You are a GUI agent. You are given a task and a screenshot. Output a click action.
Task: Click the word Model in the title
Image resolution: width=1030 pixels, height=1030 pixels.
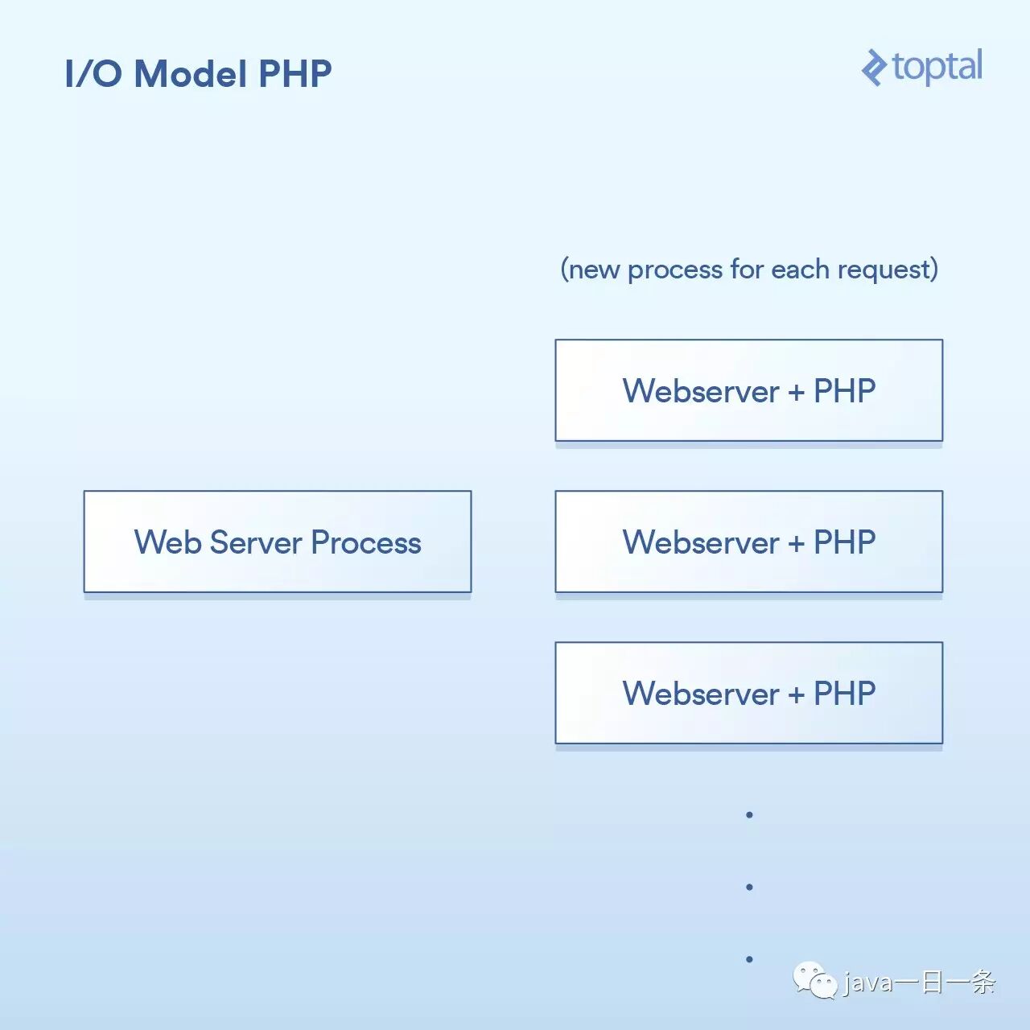click(190, 73)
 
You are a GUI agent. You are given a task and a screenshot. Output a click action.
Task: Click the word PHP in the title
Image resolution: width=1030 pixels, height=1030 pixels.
click(295, 73)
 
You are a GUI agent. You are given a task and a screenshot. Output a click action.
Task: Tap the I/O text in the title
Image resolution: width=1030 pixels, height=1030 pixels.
click(93, 73)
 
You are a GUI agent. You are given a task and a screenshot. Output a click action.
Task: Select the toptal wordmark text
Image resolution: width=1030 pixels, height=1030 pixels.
click(937, 67)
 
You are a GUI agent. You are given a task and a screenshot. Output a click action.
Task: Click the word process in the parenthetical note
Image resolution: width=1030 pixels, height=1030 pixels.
click(675, 270)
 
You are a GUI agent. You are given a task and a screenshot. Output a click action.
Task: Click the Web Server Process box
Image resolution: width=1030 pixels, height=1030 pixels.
click(278, 542)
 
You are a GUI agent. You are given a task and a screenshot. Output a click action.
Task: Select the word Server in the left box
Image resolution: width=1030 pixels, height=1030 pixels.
click(256, 542)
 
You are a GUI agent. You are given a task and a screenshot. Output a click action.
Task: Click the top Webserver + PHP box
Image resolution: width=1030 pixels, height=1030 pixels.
click(749, 390)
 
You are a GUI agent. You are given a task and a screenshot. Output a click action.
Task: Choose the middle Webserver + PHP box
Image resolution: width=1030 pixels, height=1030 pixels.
click(749, 542)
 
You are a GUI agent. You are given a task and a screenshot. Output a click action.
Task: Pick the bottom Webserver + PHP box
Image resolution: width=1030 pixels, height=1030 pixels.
click(749, 693)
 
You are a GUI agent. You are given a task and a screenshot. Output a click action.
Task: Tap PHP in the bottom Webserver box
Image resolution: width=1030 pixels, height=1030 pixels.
click(845, 694)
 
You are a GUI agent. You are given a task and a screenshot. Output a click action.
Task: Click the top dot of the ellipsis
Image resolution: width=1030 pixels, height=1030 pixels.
click(749, 814)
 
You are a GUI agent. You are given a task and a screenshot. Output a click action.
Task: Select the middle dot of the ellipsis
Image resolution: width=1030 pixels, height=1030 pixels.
click(749, 887)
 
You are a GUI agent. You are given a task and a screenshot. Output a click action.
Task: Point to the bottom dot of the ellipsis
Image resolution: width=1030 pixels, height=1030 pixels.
click(749, 959)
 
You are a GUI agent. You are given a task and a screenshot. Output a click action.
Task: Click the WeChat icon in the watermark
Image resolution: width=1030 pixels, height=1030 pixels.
click(815, 980)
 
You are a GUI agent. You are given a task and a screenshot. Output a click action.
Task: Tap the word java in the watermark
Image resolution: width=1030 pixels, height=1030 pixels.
click(867, 983)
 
